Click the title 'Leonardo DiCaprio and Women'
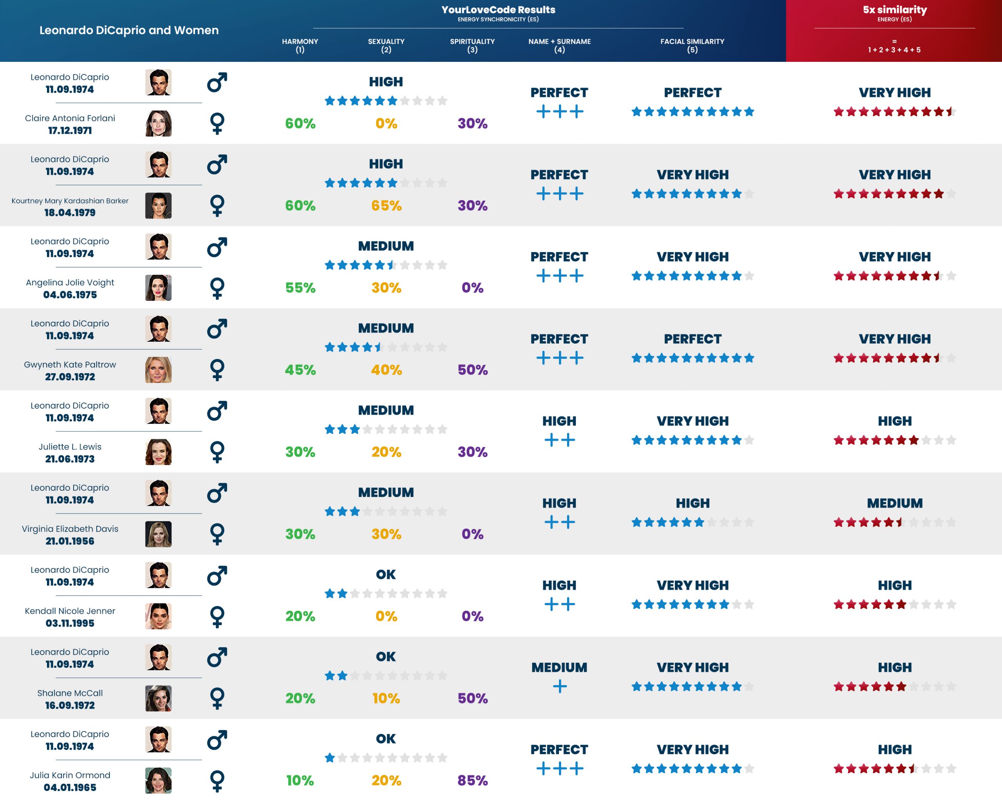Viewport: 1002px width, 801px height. (129, 30)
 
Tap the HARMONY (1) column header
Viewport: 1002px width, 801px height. (300, 45)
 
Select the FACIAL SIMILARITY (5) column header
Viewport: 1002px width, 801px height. (692, 45)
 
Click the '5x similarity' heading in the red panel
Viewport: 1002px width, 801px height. (895, 10)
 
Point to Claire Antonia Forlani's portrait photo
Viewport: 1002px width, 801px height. (158, 123)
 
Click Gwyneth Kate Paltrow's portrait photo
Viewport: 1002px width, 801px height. (158, 370)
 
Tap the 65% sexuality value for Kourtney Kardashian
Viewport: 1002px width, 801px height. (386, 206)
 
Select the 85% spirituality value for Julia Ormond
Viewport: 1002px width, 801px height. (472, 780)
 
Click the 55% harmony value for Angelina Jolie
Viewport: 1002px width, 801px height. (300, 288)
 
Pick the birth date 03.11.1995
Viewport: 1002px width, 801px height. (70, 623)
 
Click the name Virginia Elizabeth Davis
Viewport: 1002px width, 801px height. (70, 529)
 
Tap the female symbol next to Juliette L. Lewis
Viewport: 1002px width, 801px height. (217, 452)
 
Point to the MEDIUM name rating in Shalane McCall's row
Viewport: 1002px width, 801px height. (559, 667)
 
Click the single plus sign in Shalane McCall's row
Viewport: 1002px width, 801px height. (560, 686)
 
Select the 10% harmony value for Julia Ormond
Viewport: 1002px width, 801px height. (300, 780)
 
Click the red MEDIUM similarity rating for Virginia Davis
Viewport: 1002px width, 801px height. (895, 503)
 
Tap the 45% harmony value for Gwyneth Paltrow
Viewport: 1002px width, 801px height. (300, 370)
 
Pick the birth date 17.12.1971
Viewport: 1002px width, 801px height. (70, 130)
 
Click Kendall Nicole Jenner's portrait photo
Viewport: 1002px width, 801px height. (158, 616)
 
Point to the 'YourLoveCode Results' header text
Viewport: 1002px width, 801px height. (498, 10)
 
